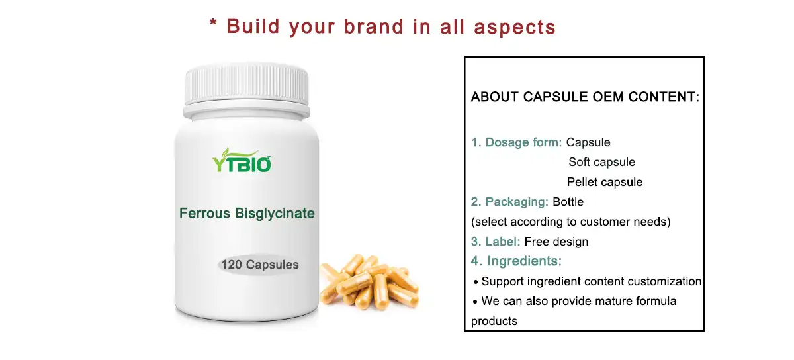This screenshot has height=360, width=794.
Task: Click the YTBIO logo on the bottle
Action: click(242, 161)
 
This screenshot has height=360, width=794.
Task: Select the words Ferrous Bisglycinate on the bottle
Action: click(247, 214)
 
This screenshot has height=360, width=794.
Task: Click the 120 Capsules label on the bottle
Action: click(260, 265)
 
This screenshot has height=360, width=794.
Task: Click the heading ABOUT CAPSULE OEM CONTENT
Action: click(585, 97)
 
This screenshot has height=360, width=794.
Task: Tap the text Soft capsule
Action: click(601, 162)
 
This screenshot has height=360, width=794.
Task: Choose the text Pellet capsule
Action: click(604, 182)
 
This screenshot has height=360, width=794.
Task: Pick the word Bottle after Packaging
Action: click(568, 202)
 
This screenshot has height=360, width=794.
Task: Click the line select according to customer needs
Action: click(570, 222)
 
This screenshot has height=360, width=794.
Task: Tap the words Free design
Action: click(556, 242)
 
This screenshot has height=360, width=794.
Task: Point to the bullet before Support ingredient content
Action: click(476, 283)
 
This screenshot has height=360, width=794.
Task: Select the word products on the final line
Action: click(494, 321)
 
